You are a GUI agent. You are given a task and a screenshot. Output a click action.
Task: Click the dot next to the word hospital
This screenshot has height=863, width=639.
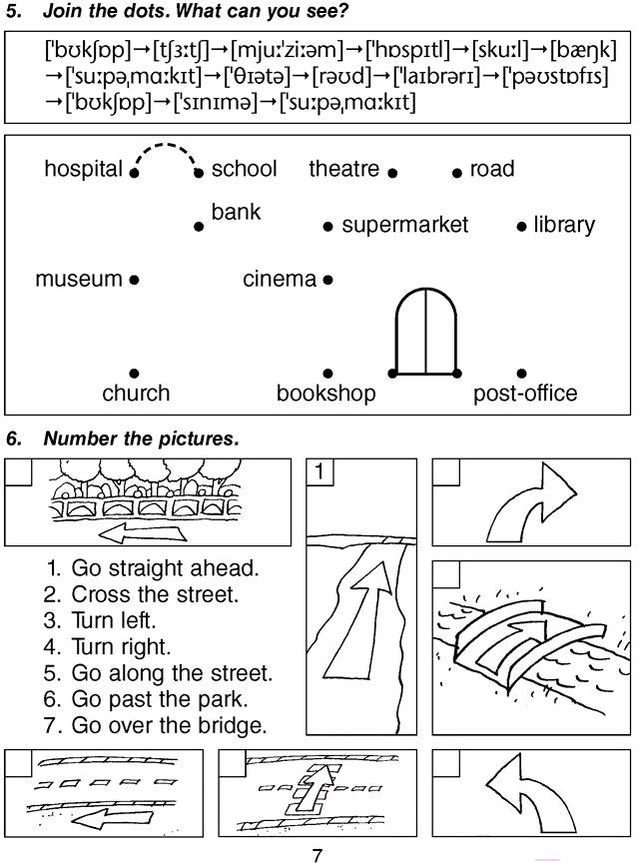[x=135, y=173]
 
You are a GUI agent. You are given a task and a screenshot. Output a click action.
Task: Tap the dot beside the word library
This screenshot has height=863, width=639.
[x=521, y=228]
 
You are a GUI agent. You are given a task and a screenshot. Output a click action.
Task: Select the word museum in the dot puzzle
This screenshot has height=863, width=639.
[x=79, y=280]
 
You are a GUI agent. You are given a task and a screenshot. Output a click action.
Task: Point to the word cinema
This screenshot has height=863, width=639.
[x=280, y=280]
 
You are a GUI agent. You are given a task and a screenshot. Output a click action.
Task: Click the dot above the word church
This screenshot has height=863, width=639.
[x=135, y=374]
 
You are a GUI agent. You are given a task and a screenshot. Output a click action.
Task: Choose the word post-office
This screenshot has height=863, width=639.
[x=525, y=394]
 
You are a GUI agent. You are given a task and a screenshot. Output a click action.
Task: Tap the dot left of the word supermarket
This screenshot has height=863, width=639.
[x=327, y=228]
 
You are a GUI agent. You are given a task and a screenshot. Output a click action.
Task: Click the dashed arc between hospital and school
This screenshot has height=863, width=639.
[x=167, y=150]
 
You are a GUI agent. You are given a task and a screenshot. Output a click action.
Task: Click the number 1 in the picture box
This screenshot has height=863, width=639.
[x=319, y=470]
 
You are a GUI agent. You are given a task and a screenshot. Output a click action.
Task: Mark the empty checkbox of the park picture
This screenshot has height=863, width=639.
[x=19, y=471]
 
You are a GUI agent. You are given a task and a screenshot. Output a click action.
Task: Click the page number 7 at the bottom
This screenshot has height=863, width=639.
[x=318, y=854]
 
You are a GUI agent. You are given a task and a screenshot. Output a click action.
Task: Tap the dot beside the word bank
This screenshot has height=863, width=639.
[x=199, y=228]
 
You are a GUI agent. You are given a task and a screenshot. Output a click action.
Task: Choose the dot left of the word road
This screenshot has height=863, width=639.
[x=457, y=173]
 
